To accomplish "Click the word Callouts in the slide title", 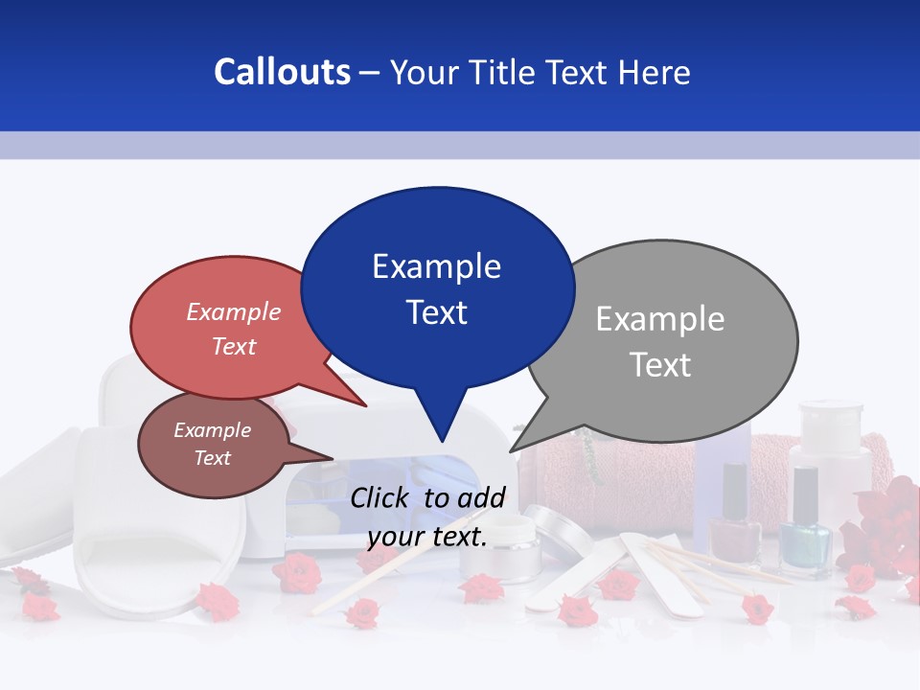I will point(282,73).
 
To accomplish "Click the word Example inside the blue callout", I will point(436,266).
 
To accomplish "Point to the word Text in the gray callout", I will point(660,365).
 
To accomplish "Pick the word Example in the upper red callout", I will point(234,312).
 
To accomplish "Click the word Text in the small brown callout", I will point(213,458).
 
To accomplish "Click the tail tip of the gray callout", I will point(511,450).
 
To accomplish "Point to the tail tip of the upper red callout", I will point(365,405).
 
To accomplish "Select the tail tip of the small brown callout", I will point(333,457).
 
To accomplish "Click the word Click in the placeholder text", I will point(380,497).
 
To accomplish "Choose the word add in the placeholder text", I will point(481,497).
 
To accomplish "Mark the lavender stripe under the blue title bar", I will point(460,145).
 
